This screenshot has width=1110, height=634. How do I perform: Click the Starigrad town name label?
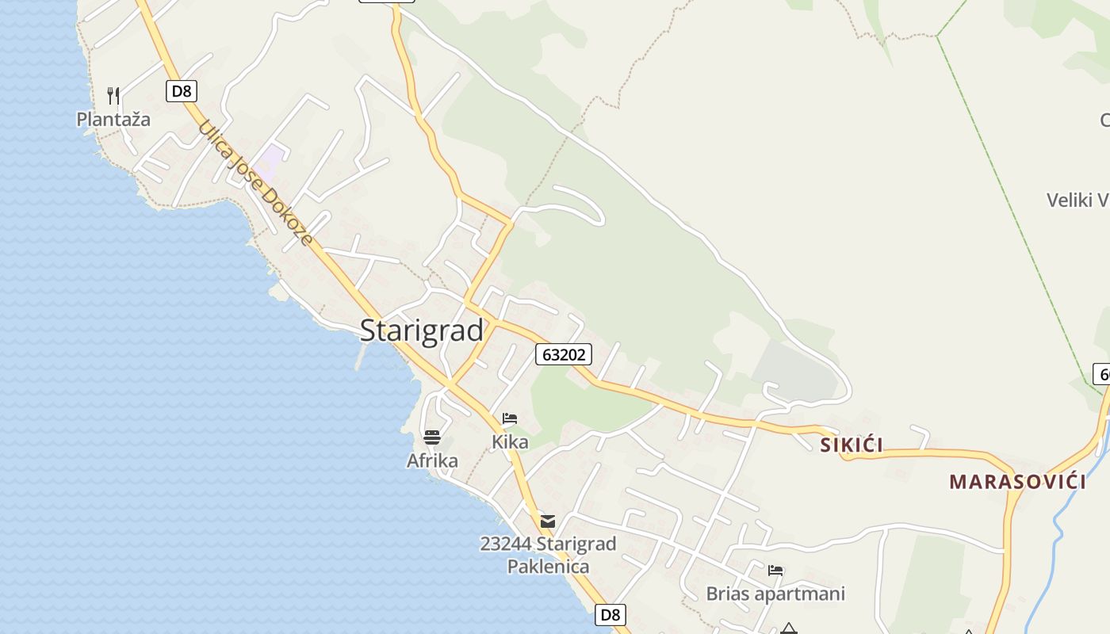click(x=421, y=330)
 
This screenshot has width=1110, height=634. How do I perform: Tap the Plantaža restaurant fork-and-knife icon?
click(x=113, y=96)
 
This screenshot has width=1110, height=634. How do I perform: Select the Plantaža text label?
click(x=113, y=120)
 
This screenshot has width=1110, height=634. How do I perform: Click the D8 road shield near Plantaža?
click(x=182, y=91)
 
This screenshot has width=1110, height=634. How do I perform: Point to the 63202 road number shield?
click(x=564, y=354)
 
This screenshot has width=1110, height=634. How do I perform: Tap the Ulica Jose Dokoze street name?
click(x=255, y=183)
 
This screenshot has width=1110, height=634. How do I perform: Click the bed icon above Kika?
click(x=510, y=418)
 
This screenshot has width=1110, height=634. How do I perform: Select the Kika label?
click(x=510, y=441)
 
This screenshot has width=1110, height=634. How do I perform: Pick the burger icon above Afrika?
click(x=431, y=437)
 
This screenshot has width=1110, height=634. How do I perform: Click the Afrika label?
click(x=432, y=460)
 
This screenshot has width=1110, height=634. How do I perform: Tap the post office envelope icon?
click(x=548, y=521)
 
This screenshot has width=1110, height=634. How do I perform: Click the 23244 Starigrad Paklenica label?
click(x=548, y=555)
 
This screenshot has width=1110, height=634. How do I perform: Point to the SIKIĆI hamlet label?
click(x=852, y=445)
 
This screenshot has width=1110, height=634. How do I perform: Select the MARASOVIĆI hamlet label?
click(x=1017, y=481)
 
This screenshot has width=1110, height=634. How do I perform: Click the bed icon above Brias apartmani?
click(x=775, y=570)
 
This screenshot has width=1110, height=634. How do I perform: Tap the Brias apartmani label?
click(x=775, y=594)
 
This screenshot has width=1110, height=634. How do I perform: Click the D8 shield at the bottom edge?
click(x=610, y=614)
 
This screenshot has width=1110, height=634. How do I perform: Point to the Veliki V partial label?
click(x=1077, y=200)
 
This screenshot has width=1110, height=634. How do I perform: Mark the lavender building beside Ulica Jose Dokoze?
click(x=272, y=162)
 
